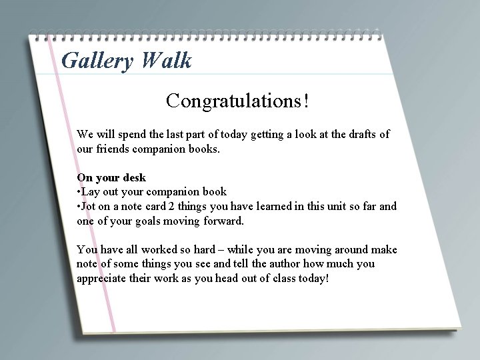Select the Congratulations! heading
[238, 101]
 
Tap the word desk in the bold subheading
[133, 178]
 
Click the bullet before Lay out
[79, 192]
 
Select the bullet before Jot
[79, 207]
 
